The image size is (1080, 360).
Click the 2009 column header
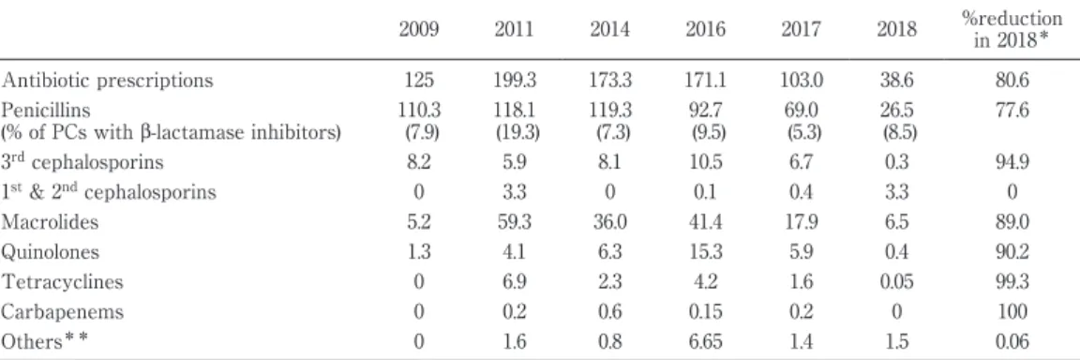(x=418, y=30)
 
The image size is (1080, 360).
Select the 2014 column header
(x=608, y=30)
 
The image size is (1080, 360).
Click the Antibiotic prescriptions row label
(x=107, y=81)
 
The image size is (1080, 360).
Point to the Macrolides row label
(x=50, y=222)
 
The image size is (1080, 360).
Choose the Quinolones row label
(x=50, y=252)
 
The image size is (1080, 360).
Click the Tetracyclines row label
(x=62, y=282)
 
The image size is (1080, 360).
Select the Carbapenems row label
(x=62, y=312)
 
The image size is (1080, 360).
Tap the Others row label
(x=45, y=341)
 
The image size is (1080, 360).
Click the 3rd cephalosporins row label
(x=82, y=162)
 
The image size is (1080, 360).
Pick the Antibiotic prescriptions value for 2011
(x=513, y=81)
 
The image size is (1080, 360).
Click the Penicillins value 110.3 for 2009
(x=418, y=110)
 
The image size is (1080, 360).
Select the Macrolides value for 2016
(x=705, y=222)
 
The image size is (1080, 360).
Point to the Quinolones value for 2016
(x=705, y=252)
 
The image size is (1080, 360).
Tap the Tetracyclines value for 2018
(x=896, y=282)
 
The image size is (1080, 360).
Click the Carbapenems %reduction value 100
(x=1012, y=312)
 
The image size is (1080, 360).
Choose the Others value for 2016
(x=705, y=341)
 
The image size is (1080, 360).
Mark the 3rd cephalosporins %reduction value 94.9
(x=1012, y=162)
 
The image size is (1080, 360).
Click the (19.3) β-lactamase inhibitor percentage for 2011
(x=513, y=133)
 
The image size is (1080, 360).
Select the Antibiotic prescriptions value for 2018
(x=896, y=81)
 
